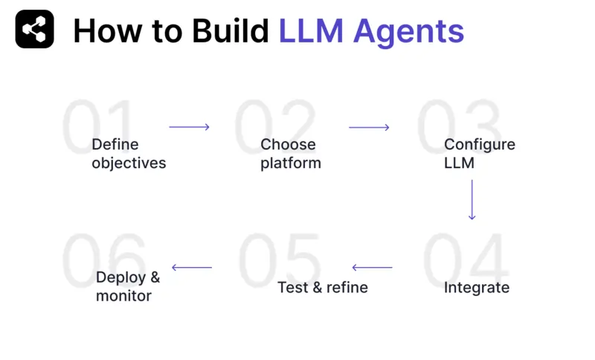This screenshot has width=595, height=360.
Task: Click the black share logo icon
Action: pyautogui.click(x=34, y=30)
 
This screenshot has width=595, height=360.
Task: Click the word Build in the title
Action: pyautogui.click(x=230, y=30)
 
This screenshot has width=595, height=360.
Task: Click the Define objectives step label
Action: pyautogui.click(x=129, y=153)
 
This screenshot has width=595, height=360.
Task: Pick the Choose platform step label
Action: pyautogui.click(x=290, y=153)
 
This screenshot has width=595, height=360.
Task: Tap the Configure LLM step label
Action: pyautogui.click(x=479, y=153)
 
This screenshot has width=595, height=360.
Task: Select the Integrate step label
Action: pyautogui.click(x=476, y=287)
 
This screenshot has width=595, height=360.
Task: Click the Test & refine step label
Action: pyautogui.click(x=323, y=287)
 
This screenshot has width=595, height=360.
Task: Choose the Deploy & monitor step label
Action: pyautogui.click(x=127, y=286)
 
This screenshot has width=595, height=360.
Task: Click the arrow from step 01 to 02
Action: pyautogui.click(x=189, y=127)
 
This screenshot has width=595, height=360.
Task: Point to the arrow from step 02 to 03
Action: pyautogui.click(x=369, y=127)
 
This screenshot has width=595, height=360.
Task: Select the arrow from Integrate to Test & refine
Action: pyautogui.click(x=372, y=268)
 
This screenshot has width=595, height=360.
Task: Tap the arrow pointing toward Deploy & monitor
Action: pyautogui.click(x=192, y=268)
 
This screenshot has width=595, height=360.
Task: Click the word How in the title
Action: pyautogui.click(x=106, y=30)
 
